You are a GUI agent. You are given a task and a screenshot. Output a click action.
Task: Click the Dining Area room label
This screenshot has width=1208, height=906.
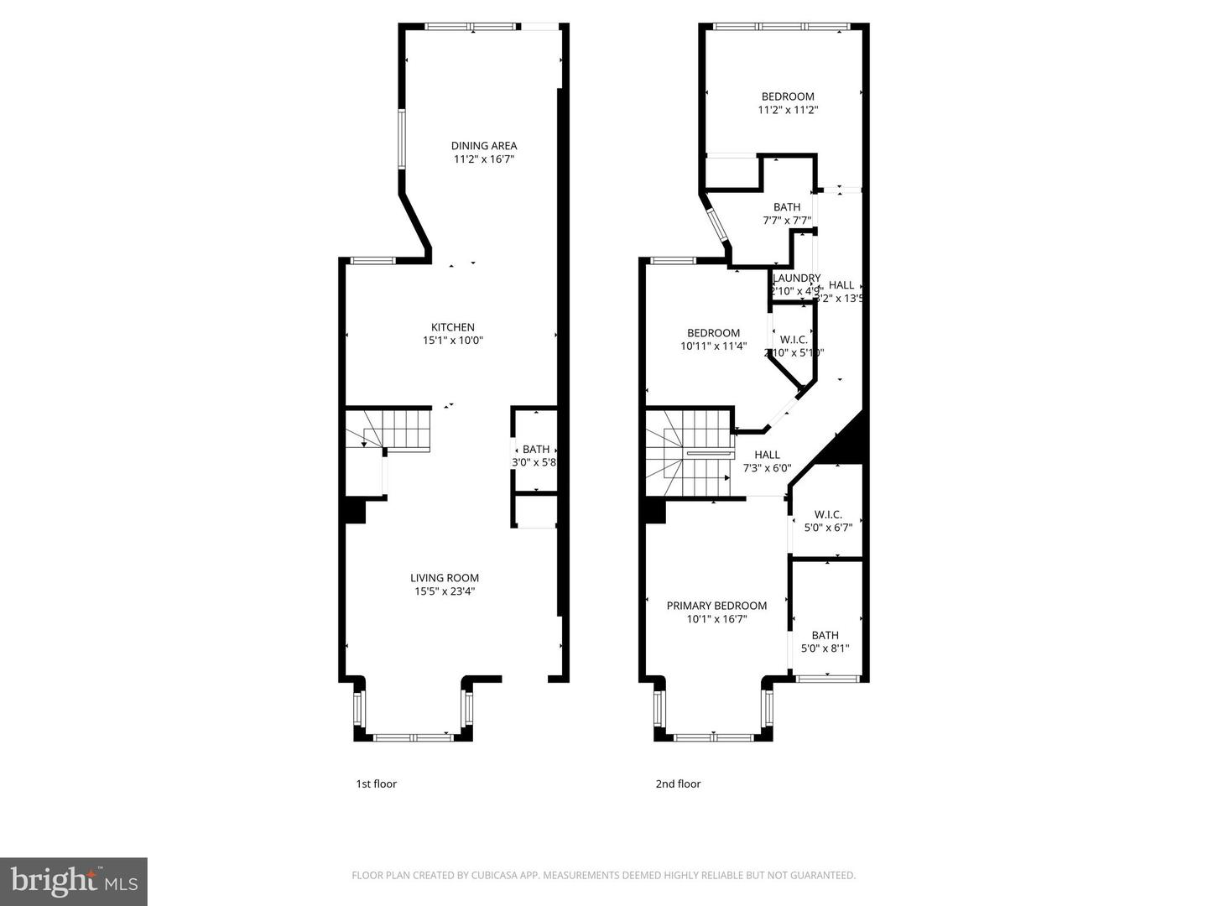(x=484, y=146)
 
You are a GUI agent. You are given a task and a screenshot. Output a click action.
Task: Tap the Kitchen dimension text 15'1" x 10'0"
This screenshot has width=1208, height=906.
(x=453, y=341)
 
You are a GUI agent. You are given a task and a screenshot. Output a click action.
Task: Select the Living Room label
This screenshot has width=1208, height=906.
(x=445, y=577)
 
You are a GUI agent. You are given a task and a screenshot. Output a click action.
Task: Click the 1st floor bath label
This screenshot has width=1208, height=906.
(x=536, y=450)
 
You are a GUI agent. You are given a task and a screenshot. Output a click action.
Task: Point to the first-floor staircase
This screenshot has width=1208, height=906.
(x=394, y=430)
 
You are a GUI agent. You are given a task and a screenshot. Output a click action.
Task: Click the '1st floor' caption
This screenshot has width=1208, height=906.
(x=377, y=784)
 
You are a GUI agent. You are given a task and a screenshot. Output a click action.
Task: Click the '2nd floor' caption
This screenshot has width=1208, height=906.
(x=678, y=784)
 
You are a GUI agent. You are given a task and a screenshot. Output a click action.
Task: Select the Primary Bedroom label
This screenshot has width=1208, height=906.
(x=716, y=606)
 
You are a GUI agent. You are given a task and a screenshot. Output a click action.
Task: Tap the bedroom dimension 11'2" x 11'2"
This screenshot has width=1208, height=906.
(x=788, y=110)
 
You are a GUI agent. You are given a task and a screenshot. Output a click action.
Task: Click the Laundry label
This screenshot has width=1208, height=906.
(x=796, y=279)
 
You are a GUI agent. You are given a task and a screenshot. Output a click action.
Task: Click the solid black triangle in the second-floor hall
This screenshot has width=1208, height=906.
(x=846, y=443)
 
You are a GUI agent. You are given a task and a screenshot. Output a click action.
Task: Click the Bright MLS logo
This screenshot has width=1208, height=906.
(x=74, y=881)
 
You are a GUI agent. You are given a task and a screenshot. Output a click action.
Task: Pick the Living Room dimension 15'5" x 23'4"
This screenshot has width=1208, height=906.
(x=445, y=591)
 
